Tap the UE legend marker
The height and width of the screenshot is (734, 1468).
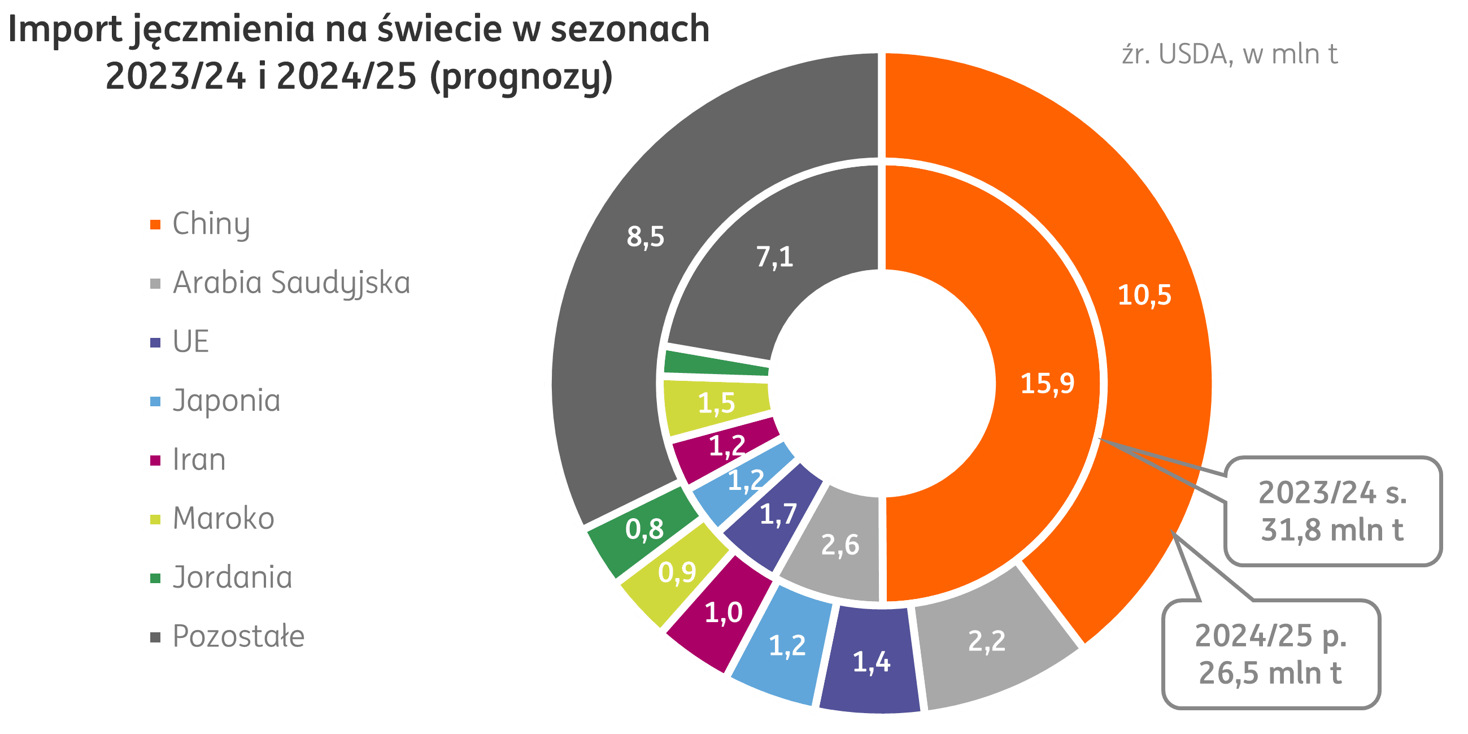coord(155,342)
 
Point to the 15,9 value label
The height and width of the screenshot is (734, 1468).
coord(1047,383)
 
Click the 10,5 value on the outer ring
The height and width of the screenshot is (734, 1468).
coord(1144,295)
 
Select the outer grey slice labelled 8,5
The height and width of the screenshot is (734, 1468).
coord(645,237)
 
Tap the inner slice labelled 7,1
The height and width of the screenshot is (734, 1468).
coord(774,257)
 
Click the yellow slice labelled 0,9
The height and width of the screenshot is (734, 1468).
coord(677,572)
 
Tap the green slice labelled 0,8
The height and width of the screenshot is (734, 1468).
coord(644,529)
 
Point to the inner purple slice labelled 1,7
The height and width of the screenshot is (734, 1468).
coord(778,515)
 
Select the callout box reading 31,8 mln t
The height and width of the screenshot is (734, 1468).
coord(1332,511)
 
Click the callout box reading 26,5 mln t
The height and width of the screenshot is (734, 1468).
coord(1270,654)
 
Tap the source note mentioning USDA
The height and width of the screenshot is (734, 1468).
coord(1229,55)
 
